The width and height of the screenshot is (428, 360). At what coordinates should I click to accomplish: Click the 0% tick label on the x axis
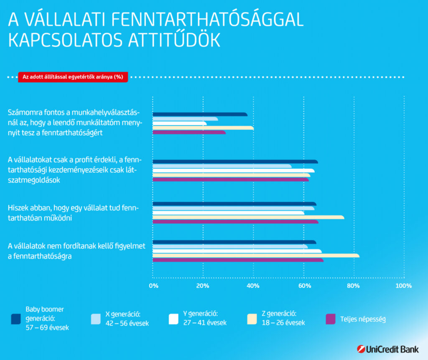point(153,286)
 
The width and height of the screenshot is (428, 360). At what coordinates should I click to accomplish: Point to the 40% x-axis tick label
point(253,286)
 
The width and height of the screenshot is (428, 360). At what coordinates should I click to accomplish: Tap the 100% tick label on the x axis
point(403,286)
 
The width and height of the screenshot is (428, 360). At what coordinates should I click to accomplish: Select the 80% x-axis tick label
point(354,286)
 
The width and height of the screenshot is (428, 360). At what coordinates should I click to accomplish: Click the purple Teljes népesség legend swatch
point(330,319)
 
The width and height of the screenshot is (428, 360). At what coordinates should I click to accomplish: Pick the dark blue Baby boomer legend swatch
point(16,319)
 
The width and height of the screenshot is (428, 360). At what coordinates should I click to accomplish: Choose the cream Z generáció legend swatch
point(252,319)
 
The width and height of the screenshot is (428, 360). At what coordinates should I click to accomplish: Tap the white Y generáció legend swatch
point(174,319)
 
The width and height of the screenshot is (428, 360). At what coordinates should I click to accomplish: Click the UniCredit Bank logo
point(388,349)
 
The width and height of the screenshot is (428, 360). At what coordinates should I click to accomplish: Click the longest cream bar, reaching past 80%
point(255,256)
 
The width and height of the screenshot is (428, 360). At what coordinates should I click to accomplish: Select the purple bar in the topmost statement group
point(189,133)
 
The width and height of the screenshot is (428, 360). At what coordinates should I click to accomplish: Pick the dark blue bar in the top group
point(200,114)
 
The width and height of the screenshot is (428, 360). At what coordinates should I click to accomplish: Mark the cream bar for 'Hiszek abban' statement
point(248,217)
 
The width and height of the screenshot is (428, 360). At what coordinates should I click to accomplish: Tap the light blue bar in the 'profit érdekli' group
point(222,166)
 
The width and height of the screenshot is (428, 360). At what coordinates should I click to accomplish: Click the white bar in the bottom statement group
point(237,251)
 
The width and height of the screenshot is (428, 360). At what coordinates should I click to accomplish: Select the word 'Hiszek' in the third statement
point(18,208)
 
